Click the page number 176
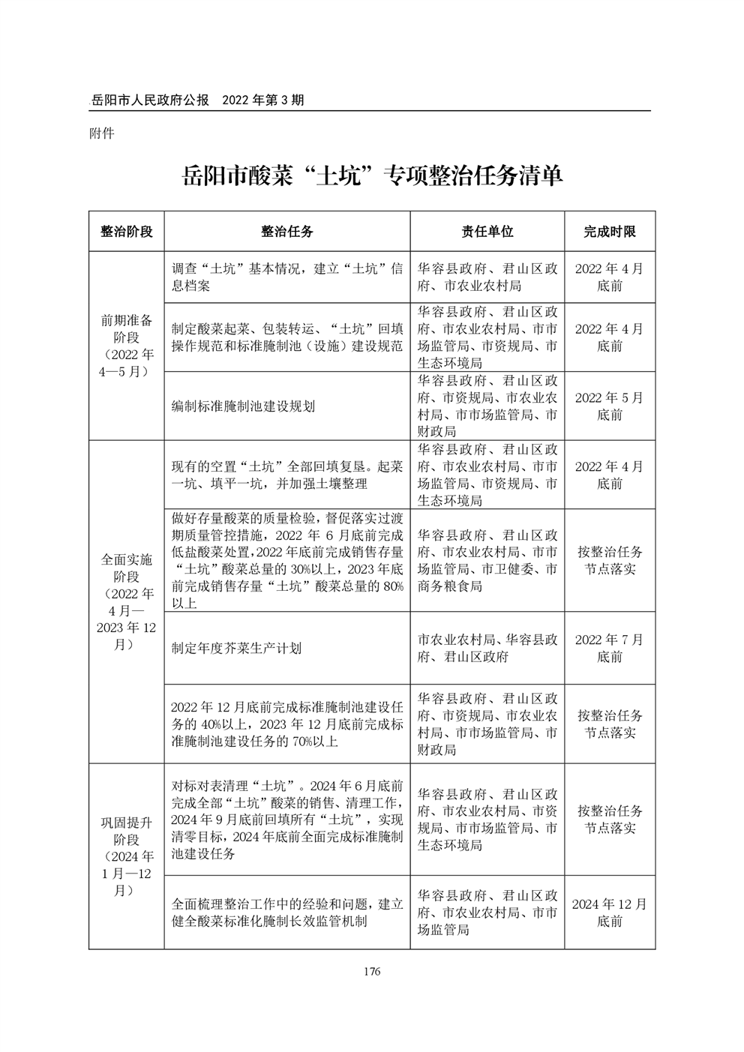tap(371, 972)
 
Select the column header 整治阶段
tap(126, 232)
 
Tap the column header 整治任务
tap(287, 232)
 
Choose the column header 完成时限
tap(609, 232)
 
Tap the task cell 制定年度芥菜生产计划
tap(236, 648)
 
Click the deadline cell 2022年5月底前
tap(609, 406)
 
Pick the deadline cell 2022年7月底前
tap(609, 648)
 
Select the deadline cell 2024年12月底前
tap(609, 913)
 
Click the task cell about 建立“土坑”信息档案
tap(287, 277)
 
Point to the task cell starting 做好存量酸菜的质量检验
tap(287, 560)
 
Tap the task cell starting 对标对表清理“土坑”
tap(287, 820)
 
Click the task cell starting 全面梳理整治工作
tap(287, 913)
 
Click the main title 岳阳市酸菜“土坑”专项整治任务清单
tap(372, 177)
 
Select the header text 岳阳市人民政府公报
tap(149, 100)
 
